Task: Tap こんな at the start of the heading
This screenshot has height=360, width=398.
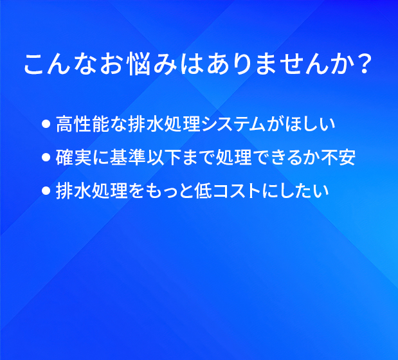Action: tap(60, 64)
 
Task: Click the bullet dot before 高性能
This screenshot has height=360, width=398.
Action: tap(46, 124)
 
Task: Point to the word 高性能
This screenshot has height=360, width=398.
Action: tap(82, 124)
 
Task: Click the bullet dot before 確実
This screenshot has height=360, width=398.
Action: tap(46, 157)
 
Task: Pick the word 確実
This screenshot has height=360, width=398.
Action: tap(73, 157)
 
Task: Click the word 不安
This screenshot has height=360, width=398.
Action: tap(338, 157)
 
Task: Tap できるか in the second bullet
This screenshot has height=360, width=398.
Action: tap(286, 157)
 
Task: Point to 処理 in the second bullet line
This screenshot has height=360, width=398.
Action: tap(234, 157)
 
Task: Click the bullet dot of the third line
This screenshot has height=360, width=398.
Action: tap(46, 190)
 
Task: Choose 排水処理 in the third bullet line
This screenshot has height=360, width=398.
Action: tap(92, 190)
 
